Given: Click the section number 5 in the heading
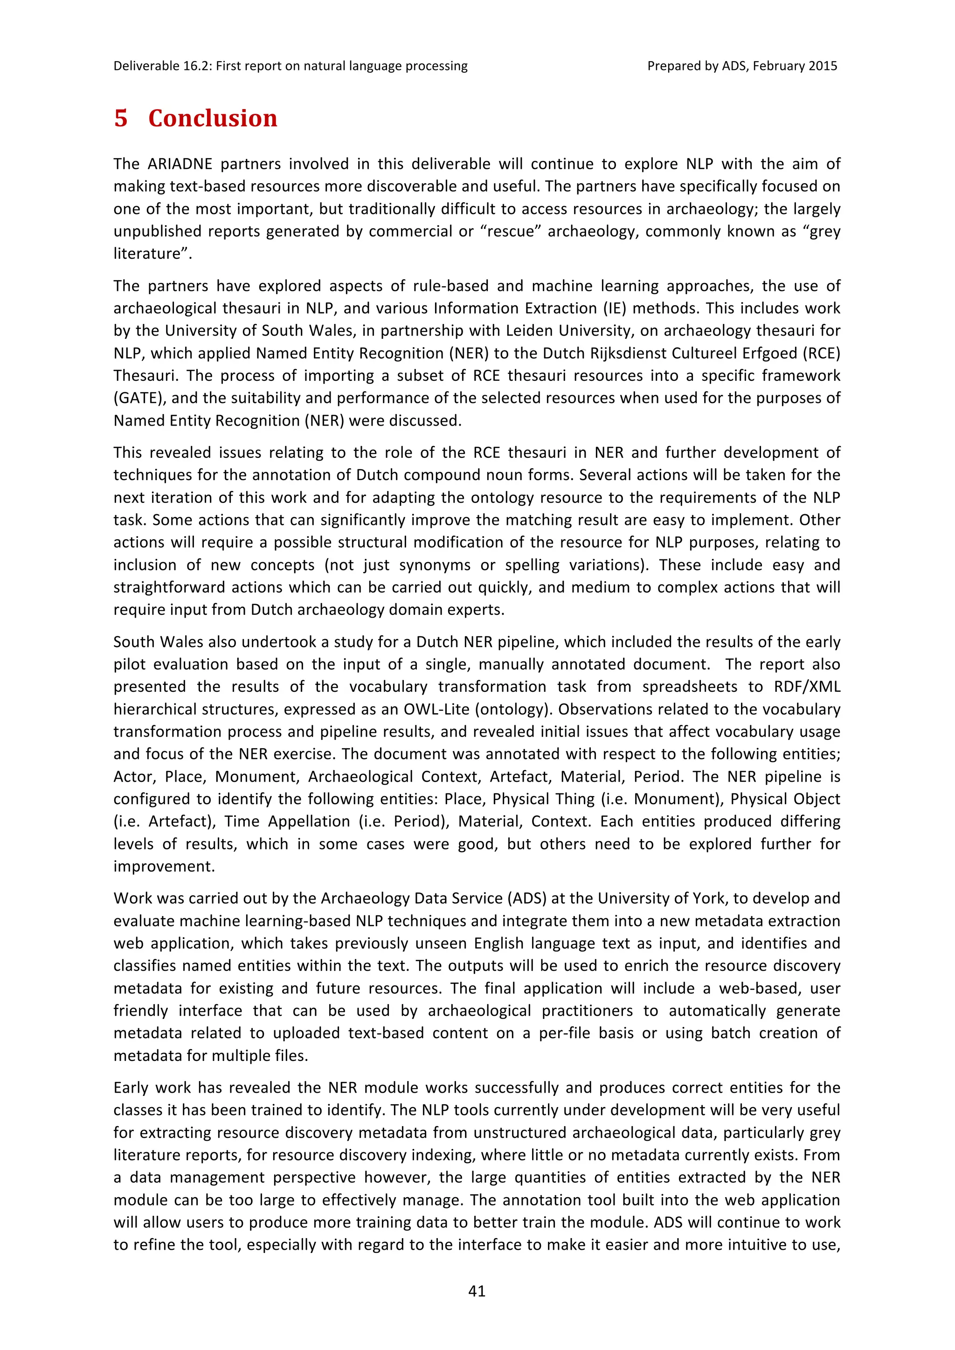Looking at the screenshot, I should coord(121,118).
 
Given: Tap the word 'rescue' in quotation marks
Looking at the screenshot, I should coord(511,231).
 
